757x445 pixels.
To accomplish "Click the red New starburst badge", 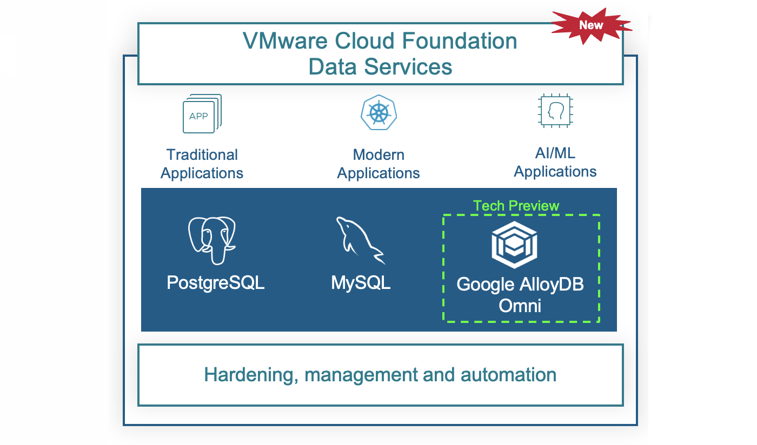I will (x=591, y=25).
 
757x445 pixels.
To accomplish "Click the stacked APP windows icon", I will (x=202, y=114).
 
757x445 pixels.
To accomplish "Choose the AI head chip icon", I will (x=555, y=111).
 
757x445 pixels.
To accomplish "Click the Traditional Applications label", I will (x=202, y=164).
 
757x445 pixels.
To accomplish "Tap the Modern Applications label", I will (x=378, y=164).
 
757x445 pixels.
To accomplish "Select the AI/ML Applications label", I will (x=555, y=162).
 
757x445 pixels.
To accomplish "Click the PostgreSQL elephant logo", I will (x=212, y=240).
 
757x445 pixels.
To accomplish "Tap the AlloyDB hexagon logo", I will (x=514, y=245).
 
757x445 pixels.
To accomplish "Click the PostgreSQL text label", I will (x=216, y=282).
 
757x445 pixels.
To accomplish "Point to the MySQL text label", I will (x=361, y=282).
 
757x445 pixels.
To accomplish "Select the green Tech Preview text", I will (x=516, y=206).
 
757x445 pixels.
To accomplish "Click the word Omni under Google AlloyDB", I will (x=520, y=306).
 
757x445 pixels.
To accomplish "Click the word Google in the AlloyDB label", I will (x=486, y=284).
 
